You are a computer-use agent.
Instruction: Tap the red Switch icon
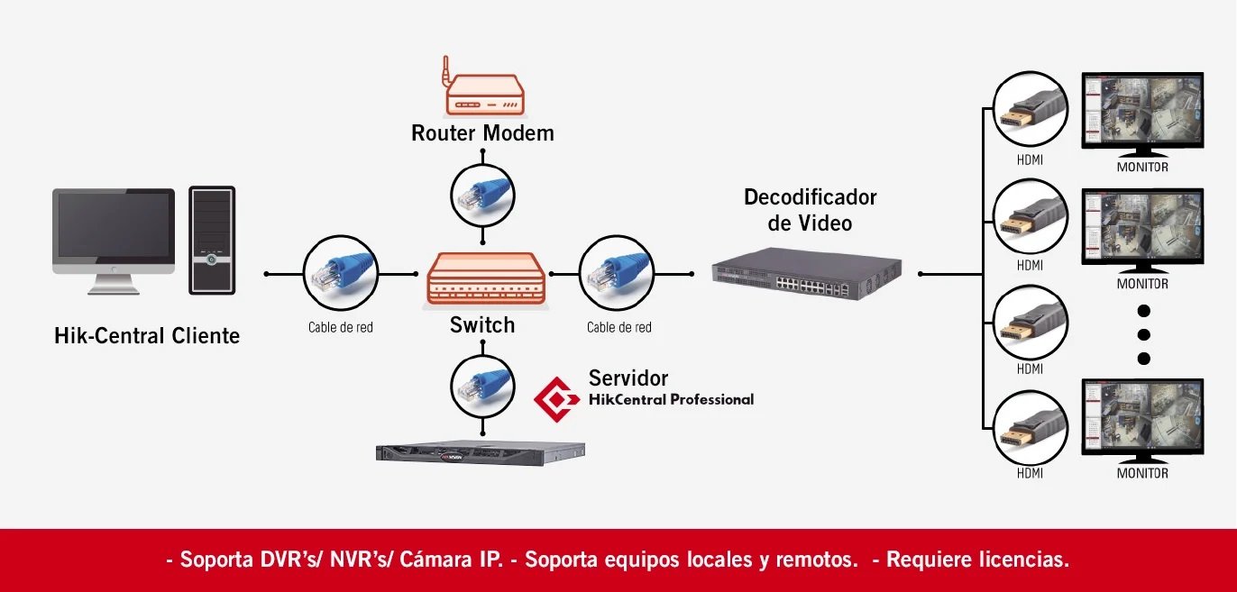click(486, 278)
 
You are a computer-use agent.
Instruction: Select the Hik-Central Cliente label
click(147, 336)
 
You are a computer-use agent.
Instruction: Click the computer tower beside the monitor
click(212, 241)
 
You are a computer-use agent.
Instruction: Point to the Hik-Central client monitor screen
click(114, 226)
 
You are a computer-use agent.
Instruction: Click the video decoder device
click(807, 271)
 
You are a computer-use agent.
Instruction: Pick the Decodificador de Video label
click(810, 209)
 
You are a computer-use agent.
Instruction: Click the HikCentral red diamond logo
click(556, 398)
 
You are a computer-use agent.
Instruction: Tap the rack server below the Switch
click(480, 452)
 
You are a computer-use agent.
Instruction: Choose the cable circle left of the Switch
click(340, 273)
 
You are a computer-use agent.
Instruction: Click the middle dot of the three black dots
click(1144, 334)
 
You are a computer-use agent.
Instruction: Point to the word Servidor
click(628, 378)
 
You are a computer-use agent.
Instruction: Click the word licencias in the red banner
click(1022, 560)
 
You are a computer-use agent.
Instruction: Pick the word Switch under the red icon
click(482, 325)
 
